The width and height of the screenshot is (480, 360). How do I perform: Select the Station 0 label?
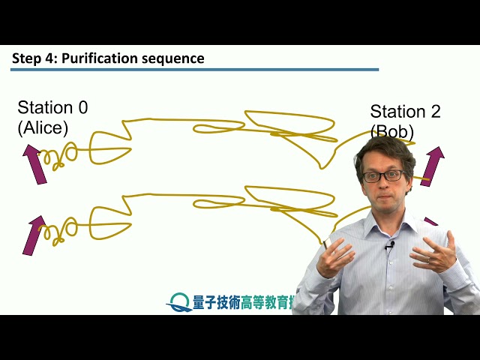click(x=52, y=107)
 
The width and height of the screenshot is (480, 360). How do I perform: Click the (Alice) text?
click(x=43, y=127)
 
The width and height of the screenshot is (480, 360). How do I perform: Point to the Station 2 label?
click(x=405, y=112)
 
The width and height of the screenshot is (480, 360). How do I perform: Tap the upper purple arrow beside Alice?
click(x=34, y=163)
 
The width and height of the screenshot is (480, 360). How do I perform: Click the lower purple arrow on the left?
click(x=33, y=235)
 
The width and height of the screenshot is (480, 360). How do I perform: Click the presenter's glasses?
click(x=382, y=176)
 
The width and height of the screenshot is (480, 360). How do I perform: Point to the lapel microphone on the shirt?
click(x=389, y=245)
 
